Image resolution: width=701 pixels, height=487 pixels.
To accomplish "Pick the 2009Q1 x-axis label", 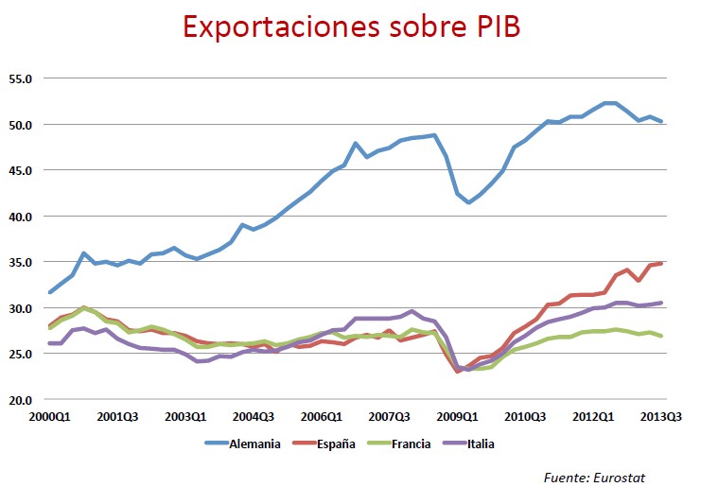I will click(x=460, y=416).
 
